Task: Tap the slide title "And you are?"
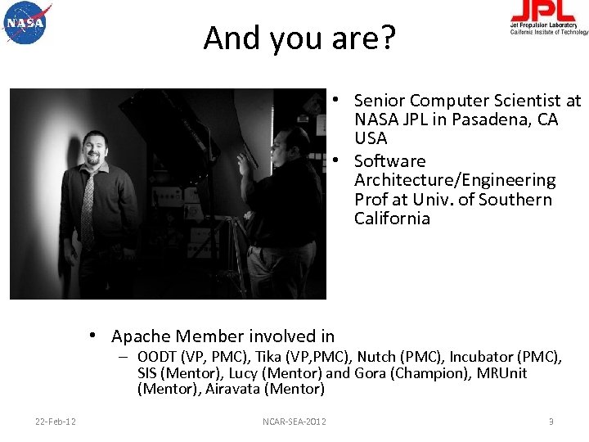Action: (299, 38)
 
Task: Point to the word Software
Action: (390, 161)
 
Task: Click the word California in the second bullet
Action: (392, 219)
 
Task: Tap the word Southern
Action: (515, 200)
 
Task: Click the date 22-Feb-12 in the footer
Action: (56, 422)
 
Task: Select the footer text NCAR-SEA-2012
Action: (294, 422)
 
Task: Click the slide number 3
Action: (551, 422)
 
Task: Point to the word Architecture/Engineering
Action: (454, 180)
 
